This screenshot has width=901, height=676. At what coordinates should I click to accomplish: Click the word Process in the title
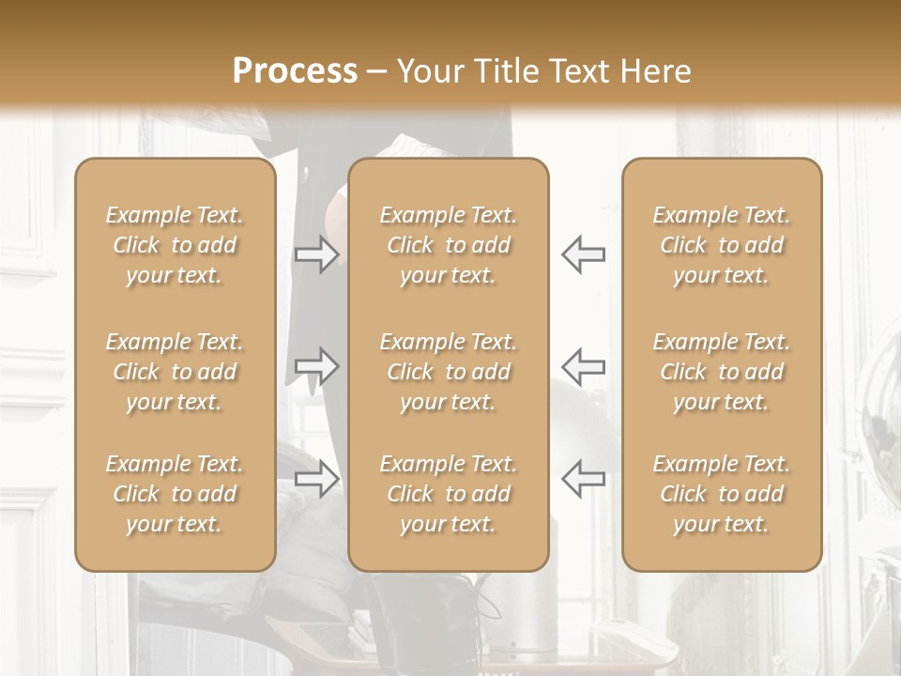coord(295,71)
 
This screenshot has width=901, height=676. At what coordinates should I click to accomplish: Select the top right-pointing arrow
coord(316,254)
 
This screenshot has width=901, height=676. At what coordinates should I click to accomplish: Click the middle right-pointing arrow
coord(316,366)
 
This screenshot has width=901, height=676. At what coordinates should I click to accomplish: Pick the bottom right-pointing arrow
coord(316,479)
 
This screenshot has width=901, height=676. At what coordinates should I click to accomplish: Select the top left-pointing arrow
coord(583,254)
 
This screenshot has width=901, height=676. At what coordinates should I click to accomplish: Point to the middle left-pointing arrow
coord(583,366)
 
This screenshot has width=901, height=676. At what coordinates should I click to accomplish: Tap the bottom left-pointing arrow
coord(583,479)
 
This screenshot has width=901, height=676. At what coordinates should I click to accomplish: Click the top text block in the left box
coord(175,245)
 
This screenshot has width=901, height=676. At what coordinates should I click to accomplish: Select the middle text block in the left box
coord(175,372)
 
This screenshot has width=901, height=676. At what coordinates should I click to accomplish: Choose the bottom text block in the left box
coord(175,494)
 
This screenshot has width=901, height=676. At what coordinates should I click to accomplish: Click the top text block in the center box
coord(449,245)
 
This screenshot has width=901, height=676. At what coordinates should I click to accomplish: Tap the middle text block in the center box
coord(449,372)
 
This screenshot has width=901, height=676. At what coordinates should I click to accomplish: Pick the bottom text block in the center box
coord(449,494)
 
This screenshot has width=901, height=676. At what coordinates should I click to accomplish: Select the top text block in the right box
coord(722,245)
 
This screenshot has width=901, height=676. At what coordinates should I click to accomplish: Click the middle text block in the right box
coord(722,372)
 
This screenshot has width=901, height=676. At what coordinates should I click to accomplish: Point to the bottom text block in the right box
coord(722,494)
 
